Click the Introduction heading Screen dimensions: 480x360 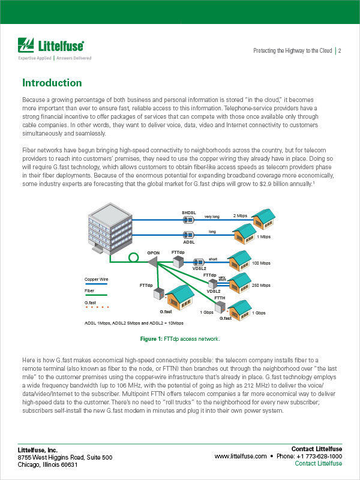click(52, 83)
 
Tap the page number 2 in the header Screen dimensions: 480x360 click(340, 51)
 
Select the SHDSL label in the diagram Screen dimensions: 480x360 click(189, 213)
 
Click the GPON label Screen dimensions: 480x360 click(153, 253)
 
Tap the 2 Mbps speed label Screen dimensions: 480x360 click(240, 215)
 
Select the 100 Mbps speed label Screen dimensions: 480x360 click(262, 263)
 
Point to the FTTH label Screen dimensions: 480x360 click(220, 298)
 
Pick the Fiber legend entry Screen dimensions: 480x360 click(89, 291)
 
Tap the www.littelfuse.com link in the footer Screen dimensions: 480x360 click(240, 456)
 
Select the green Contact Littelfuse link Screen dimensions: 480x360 click(319, 464)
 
